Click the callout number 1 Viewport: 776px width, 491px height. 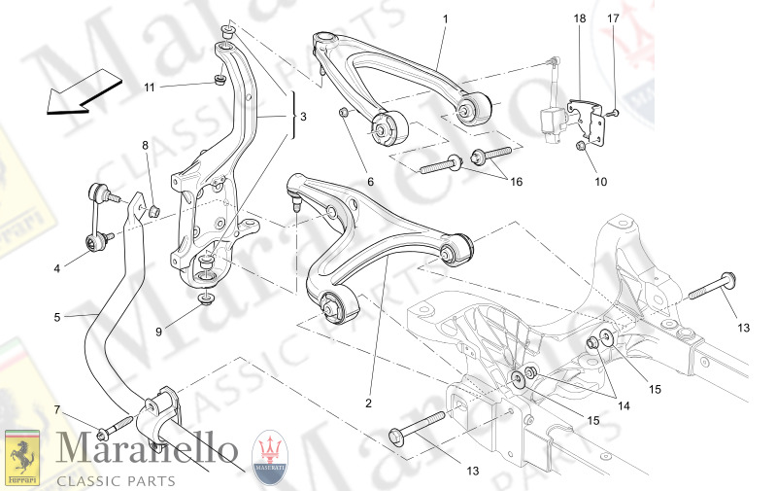coord(445,18)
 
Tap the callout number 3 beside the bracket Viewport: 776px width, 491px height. coord(302,117)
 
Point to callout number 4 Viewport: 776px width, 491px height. coord(56,269)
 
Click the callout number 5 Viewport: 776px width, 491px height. coord(56,317)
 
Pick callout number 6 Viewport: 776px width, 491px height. coord(370,180)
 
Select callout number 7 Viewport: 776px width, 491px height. coord(56,408)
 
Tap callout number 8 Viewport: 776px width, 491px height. coord(146,146)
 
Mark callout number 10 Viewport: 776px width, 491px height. coord(600,182)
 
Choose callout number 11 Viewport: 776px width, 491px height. coord(150,88)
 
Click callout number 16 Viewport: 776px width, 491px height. coord(517,182)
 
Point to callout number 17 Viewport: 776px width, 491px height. coord(613,18)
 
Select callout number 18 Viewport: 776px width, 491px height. coord(578,18)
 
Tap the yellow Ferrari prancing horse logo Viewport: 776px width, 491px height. coord(22,456)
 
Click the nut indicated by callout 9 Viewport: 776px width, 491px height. coord(205,298)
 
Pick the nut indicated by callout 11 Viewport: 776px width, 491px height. coord(220,81)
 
